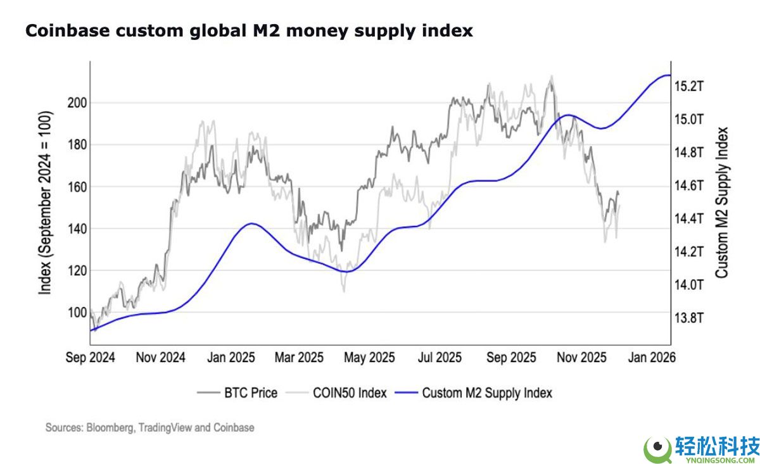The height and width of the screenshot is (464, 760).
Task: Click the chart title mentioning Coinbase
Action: [x=248, y=30]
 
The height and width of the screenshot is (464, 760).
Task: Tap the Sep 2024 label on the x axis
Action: [x=91, y=358]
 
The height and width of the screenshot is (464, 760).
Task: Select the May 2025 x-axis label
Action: [x=370, y=358]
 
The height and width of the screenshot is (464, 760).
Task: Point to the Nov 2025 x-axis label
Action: [x=581, y=358]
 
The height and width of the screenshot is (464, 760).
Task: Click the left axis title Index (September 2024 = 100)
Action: [x=45, y=203]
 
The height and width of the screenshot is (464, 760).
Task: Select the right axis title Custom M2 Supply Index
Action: [x=722, y=203]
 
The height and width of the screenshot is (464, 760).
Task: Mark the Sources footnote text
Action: [x=149, y=428]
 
